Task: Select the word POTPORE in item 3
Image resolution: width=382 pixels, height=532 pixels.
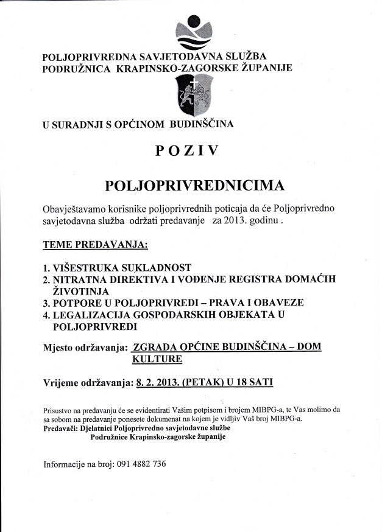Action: pos(77,303)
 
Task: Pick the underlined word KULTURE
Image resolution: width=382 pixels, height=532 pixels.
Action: pos(157,359)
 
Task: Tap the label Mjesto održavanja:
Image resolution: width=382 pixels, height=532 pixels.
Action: pos(85,348)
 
